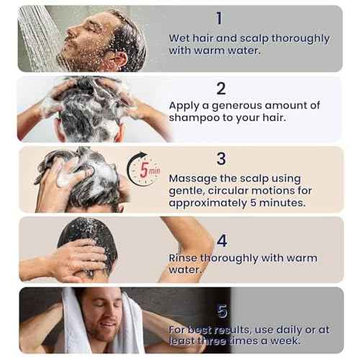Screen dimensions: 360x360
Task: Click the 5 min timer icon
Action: (143, 171)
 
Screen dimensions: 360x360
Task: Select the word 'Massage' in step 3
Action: (194, 177)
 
